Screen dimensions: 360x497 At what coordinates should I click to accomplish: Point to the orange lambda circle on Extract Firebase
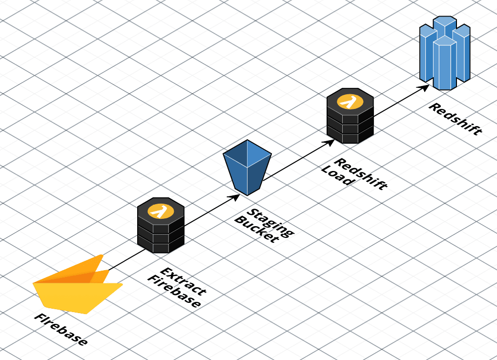161,212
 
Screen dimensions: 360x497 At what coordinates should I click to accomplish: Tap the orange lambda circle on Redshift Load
350,102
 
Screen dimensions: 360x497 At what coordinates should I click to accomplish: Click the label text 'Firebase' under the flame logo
61,329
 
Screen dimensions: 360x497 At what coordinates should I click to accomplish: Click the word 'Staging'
270,222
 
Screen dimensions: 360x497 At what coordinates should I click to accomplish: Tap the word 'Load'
336,176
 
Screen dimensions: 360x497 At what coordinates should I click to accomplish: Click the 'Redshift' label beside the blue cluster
455,119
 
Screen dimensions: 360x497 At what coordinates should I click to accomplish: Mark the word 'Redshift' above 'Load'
361,174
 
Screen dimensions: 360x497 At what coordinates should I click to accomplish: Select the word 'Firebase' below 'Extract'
174,292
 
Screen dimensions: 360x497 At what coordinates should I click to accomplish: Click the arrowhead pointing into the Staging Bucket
235,197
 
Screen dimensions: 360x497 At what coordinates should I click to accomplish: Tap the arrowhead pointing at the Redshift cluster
425,88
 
